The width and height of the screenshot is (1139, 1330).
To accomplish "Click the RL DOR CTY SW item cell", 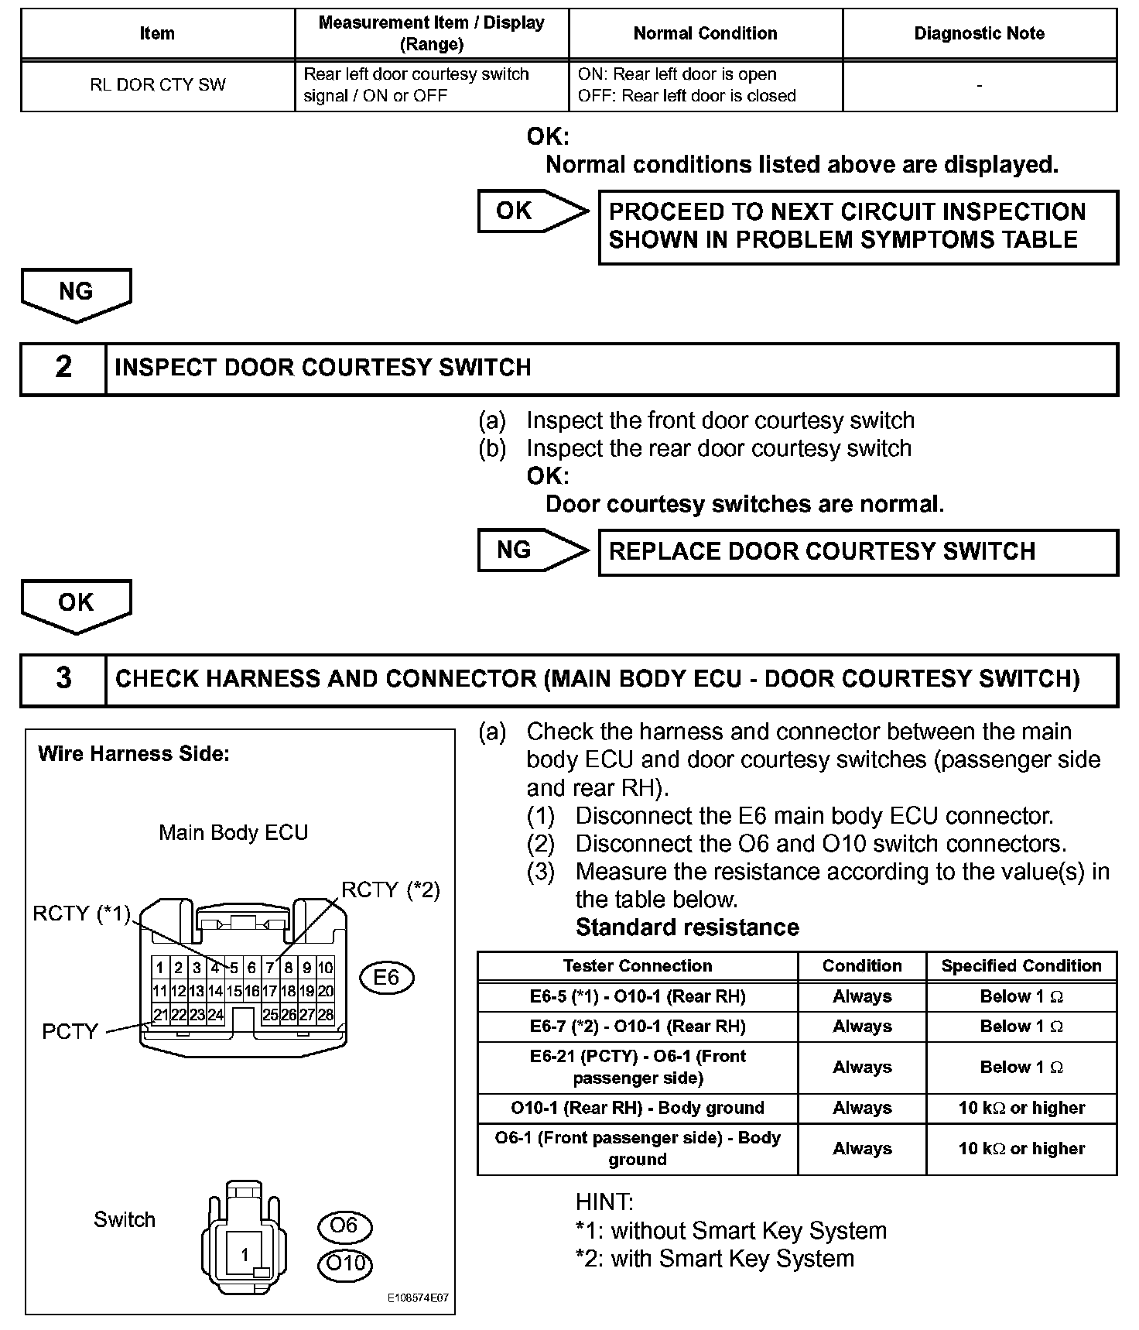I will [x=158, y=84].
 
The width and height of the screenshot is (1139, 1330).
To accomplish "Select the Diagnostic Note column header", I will [x=979, y=33].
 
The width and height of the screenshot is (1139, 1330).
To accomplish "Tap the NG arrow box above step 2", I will [x=76, y=293].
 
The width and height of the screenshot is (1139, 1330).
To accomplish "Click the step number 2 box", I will [x=63, y=368].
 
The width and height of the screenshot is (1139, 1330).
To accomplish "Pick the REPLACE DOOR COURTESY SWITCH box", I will [x=858, y=551].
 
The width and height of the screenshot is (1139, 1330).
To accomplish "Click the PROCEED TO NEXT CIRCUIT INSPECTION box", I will [x=858, y=226].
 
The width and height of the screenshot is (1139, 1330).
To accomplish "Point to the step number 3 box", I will [x=63, y=678].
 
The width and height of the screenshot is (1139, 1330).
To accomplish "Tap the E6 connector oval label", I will [x=386, y=978].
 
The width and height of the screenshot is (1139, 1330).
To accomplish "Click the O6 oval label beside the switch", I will [x=344, y=1225].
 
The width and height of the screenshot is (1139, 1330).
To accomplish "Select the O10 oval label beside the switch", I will [x=345, y=1263].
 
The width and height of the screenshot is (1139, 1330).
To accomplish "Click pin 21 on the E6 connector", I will [x=160, y=1015].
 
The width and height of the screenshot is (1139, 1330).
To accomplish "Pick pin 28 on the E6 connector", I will [x=326, y=1015].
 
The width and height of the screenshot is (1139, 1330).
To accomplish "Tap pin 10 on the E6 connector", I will [x=326, y=968].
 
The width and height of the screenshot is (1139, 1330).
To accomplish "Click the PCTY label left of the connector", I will [x=70, y=1031].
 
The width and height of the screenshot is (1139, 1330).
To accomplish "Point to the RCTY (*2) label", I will [x=391, y=890].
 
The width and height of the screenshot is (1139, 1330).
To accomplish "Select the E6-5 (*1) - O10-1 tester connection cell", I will [x=637, y=996].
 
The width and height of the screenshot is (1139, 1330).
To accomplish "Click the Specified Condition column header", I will [x=1021, y=966].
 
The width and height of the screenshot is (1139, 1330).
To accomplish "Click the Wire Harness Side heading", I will [x=134, y=754].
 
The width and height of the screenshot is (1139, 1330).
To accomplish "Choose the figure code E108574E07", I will [x=418, y=1298].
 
